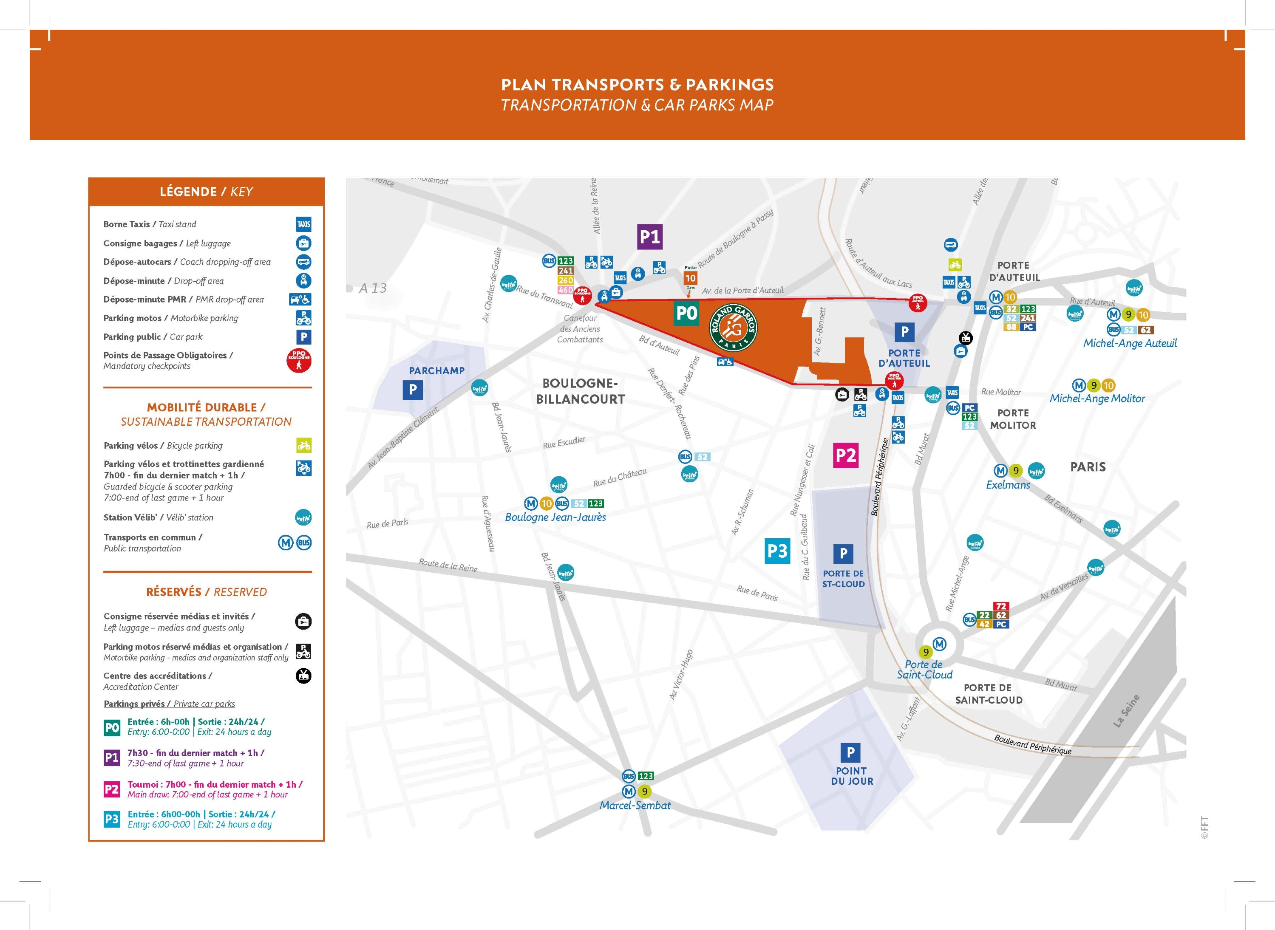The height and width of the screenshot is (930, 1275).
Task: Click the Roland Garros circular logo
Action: [x=733, y=327]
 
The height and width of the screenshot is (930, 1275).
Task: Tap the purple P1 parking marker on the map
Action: [x=649, y=237]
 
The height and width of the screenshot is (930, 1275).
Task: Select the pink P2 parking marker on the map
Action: [x=845, y=455]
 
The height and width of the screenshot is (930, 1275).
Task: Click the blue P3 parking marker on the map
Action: [x=777, y=551]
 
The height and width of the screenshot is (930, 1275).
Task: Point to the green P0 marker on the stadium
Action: [x=686, y=313]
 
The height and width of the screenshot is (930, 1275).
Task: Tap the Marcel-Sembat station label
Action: [x=635, y=806]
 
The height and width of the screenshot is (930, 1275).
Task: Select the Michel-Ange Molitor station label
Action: [x=1097, y=399]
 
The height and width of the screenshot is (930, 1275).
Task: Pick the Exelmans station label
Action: [x=1008, y=485]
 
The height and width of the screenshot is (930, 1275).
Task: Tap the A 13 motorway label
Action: [x=373, y=288]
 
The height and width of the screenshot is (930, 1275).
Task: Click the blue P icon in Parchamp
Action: [x=413, y=390]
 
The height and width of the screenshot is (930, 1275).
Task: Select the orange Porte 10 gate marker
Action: [x=690, y=277]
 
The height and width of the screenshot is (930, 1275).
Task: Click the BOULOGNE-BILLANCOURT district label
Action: [x=580, y=391]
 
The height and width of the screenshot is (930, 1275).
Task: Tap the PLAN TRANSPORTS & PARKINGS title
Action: [x=637, y=85]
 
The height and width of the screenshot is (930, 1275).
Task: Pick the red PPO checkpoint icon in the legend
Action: [x=299, y=360]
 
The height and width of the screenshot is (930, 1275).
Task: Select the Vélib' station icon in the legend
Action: [x=303, y=517]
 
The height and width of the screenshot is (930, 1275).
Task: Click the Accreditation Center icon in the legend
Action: [x=303, y=676]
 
